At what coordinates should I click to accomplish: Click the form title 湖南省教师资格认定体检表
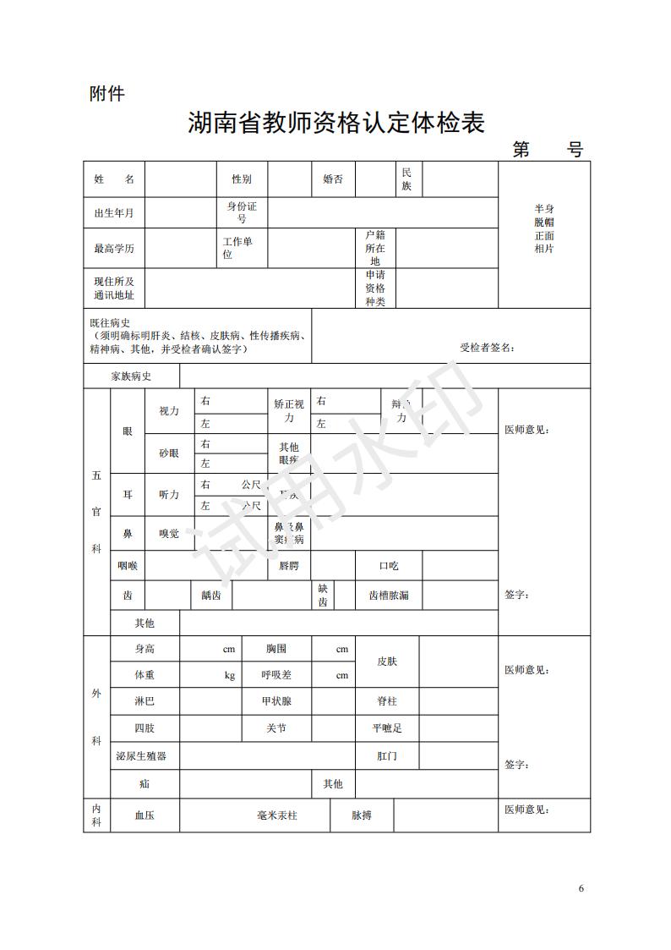335,124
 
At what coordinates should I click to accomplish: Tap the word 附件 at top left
106,94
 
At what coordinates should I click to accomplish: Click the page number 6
581,887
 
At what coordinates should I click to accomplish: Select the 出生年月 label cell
113,213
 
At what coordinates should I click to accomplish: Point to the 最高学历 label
113,249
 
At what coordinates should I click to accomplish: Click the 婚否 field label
333,179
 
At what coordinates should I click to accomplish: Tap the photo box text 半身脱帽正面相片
544,228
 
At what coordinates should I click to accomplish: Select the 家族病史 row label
131,376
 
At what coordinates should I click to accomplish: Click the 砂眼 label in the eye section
169,453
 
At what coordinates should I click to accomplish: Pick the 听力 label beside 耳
169,495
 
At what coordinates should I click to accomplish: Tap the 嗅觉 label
169,534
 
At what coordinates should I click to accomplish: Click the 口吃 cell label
388,565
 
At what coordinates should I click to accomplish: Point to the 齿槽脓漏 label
388,596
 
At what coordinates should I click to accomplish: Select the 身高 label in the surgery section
145,649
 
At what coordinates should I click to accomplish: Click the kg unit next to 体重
229,675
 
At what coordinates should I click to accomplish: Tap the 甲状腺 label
276,701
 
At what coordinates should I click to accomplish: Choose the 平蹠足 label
387,728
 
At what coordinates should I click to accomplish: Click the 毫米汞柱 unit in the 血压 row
277,815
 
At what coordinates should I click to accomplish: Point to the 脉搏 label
361,815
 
